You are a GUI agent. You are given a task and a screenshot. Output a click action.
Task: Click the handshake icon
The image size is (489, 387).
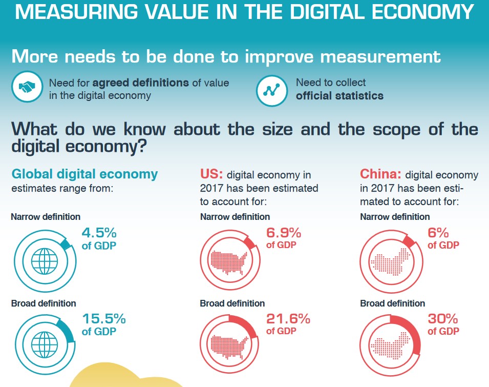coord(27,89)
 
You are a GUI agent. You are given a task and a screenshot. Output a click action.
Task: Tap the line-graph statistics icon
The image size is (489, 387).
coord(271,90)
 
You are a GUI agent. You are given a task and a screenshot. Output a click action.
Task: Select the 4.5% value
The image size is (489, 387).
coord(99,233)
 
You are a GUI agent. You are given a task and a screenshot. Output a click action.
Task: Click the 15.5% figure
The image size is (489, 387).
coord(104,319)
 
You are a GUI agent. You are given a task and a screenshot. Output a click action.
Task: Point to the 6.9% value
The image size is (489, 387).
coord(283,233)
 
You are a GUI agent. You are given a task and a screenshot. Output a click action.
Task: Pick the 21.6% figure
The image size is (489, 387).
coord(288,319)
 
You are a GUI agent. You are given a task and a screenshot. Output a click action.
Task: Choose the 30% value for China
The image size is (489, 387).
coord(443,319)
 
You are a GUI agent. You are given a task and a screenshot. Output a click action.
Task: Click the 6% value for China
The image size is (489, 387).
coord(438,233)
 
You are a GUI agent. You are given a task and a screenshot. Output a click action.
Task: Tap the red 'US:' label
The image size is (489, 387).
coord(211,175)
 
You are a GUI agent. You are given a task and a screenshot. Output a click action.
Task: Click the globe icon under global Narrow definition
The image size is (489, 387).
coord(45,261)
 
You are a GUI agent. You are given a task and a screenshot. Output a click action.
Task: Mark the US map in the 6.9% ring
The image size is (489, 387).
coord(229,261)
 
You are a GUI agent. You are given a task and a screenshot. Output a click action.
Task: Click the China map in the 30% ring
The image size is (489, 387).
coord(390,347)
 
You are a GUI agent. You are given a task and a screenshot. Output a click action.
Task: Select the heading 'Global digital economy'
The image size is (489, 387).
coord(84,174)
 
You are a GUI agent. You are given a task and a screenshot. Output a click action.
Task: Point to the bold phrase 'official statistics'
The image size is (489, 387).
coord(339,95)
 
